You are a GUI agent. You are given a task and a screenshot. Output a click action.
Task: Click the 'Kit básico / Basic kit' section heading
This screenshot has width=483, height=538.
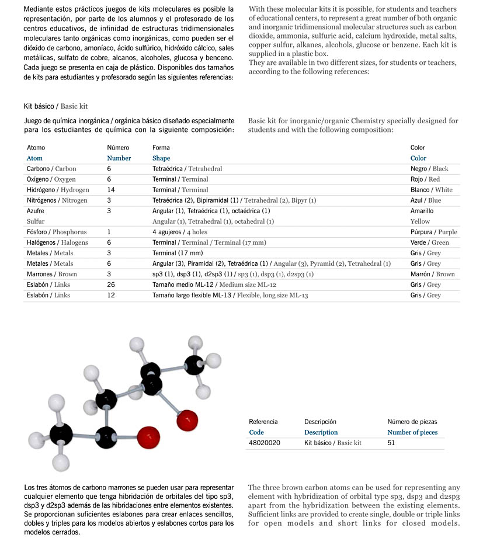pos(55,106)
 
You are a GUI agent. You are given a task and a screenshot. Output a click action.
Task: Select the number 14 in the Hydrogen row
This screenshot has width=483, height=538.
pos(111,190)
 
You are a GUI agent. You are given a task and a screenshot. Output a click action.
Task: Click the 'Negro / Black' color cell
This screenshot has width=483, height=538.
pos(429,169)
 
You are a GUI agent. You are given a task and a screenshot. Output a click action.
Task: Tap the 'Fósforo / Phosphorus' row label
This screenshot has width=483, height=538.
pos(56,232)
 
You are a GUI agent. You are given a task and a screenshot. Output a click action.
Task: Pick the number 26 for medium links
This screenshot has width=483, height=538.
pos(111,284)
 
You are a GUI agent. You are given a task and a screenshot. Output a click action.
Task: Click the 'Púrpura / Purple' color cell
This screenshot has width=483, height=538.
pos(433,232)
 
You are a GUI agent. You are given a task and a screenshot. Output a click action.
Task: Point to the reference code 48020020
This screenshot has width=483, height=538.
pos(265,443)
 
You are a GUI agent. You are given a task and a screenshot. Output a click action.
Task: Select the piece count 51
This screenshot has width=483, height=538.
pos(391,443)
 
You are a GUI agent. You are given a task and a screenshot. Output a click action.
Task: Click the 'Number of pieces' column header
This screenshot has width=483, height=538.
pos(412,432)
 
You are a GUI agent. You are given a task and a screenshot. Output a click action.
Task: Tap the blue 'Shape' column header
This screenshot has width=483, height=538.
pos(161,158)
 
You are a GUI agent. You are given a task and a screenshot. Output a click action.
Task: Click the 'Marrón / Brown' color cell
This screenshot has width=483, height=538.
pos(432,274)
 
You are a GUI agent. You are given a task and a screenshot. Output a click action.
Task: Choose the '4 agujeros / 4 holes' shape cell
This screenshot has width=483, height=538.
pos(180,232)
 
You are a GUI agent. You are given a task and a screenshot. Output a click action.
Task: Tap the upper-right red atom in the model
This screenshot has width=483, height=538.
pos(186,419)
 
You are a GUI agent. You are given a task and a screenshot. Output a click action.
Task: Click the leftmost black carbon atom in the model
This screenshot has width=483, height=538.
pos(61,435)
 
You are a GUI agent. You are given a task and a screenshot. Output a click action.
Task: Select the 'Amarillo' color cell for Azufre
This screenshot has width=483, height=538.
pos(422,211)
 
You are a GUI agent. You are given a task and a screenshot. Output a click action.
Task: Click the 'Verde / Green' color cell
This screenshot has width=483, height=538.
pos(430,242)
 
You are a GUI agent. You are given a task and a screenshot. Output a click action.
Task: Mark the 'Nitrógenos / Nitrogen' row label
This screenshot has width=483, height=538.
pos(57,200)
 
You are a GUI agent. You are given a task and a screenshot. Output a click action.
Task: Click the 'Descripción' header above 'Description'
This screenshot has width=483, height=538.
pos(321,421)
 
